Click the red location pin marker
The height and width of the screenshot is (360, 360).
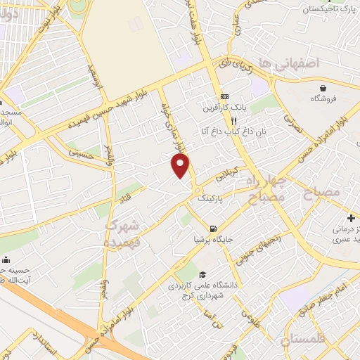point(181,165)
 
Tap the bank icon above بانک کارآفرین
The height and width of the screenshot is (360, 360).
point(224,96)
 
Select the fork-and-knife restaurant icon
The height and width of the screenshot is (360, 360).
point(224,120)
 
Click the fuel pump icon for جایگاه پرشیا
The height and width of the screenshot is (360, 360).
point(212,229)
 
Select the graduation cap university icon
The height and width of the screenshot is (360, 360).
point(202,274)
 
